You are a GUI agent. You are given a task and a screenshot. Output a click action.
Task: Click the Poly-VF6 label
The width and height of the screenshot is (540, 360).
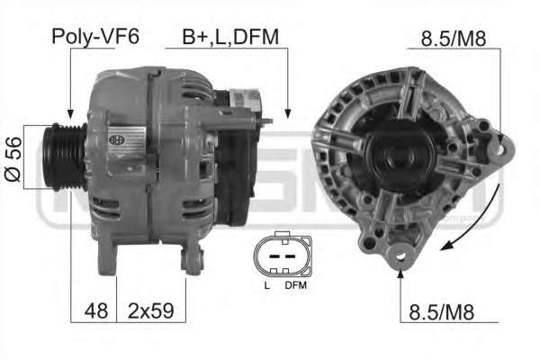95,36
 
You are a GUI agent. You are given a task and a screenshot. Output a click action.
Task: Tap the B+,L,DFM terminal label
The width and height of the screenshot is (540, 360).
230,37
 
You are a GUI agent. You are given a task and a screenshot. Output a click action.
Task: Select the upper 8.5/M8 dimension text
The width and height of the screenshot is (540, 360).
454,39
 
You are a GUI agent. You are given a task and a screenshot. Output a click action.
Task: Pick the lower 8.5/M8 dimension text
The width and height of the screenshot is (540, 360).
442,311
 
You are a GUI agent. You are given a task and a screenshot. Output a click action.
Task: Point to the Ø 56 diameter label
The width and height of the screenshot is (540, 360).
13,159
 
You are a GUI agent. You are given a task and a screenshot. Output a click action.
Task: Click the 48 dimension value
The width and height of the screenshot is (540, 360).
96,310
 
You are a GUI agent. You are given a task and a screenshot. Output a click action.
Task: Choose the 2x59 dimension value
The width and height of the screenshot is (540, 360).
151,310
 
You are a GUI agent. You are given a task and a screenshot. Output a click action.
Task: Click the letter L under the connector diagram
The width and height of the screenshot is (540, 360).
267,285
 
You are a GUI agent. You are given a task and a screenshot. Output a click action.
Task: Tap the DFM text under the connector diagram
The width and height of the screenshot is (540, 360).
295,285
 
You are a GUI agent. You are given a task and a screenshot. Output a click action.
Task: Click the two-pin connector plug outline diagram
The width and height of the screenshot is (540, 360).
283,255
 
